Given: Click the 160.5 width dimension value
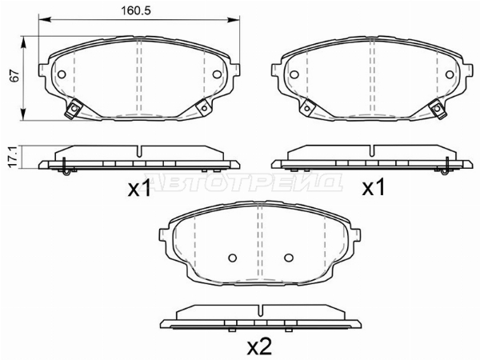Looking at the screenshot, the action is click(x=136, y=11).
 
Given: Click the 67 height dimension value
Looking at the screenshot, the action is click(x=14, y=76).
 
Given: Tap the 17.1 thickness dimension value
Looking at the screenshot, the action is click(x=13, y=157).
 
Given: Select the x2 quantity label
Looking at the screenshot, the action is click(x=259, y=347).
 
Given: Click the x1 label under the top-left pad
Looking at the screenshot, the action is click(x=139, y=188).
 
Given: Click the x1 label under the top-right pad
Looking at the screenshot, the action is click(x=373, y=188).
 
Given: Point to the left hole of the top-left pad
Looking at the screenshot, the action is click(x=62, y=74).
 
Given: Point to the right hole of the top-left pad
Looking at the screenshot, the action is click(x=217, y=74).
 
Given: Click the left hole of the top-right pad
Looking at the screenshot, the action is click(x=294, y=74).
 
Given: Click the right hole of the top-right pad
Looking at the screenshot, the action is click(x=450, y=74).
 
